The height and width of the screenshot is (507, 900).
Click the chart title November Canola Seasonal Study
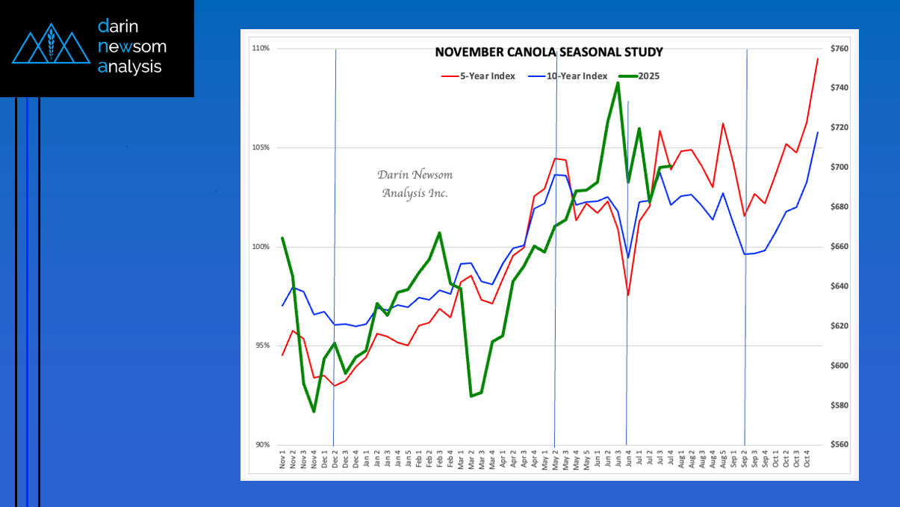point(549,52)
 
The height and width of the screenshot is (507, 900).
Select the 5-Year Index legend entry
point(478,76)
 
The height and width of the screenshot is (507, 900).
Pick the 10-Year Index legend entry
point(567,76)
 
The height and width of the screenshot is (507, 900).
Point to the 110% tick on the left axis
point(261,49)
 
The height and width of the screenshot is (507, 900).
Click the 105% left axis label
point(261,147)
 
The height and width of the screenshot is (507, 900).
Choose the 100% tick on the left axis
point(261,247)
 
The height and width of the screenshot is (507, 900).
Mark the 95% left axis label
point(261,345)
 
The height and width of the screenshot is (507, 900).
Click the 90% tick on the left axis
point(261,445)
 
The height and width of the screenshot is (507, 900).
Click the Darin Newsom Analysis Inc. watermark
point(415,184)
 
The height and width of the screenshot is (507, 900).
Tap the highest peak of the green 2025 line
point(618,83)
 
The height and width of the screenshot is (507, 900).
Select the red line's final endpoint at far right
point(818,58)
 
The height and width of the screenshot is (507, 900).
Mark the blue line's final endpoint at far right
point(818,132)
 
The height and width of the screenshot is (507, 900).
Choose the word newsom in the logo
point(132,47)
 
